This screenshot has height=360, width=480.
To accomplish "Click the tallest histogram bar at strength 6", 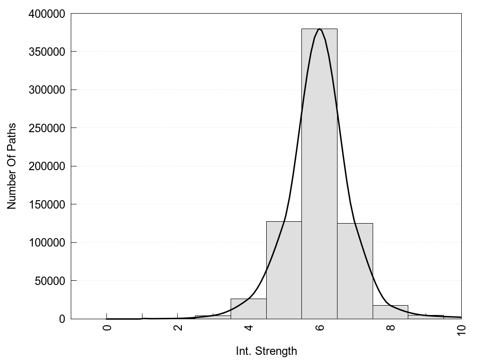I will pyautogui.click(x=319, y=187).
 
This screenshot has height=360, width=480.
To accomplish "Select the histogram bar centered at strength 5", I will pyautogui.click(x=284, y=272).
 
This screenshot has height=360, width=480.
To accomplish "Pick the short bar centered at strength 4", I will pyautogui.click(x=248, y=309).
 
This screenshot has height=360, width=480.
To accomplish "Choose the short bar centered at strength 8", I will pyautogui.click(x=390, y=312).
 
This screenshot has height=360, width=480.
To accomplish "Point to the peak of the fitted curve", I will pyautogui.click(x=319, y=29).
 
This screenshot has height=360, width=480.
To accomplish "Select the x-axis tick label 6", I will pyautogui.click(x=320, y=327).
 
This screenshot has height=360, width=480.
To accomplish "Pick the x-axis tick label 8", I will pyautogui.click(x=390, y=327).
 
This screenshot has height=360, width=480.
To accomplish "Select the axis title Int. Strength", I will pyautogui.click(x=266, y=351).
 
